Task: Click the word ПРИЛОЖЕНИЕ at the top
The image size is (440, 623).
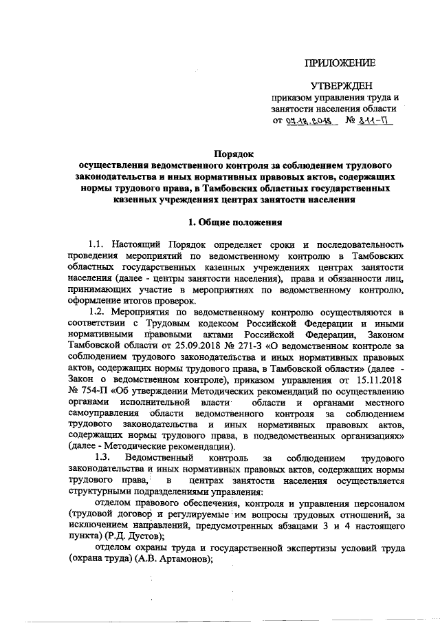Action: (x=341, y=63)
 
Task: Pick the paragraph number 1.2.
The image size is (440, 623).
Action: (x=100, y=311)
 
